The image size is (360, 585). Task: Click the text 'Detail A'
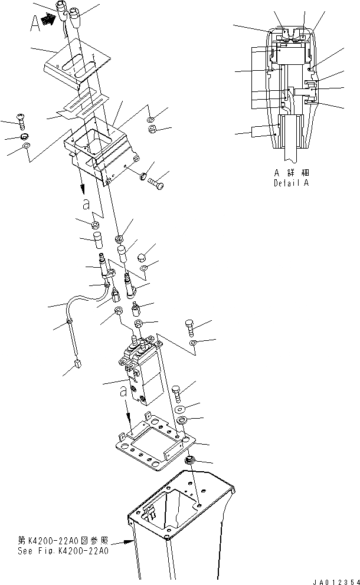(x=292, y=183)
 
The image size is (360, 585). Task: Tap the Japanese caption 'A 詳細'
(x=292, y=173)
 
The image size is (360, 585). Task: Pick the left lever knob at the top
(x=63, y=10)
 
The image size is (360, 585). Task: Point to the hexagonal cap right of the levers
(x=142, y=257)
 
